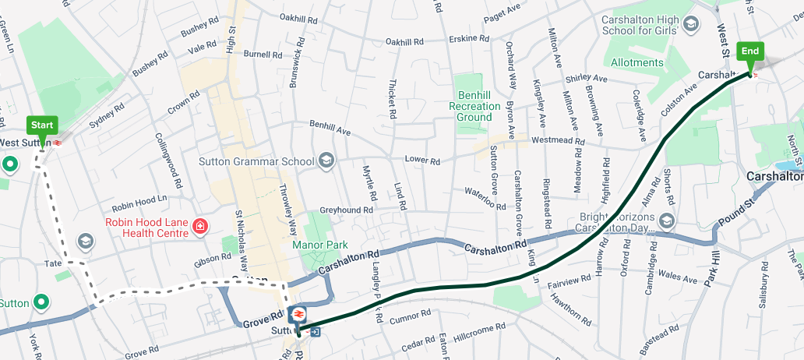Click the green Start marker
42,125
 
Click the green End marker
750,52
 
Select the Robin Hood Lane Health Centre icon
200,226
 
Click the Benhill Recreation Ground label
474,106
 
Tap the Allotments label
637,62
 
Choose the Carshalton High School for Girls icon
690,24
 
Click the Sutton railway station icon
297,314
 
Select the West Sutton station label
25,143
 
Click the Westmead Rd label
557,141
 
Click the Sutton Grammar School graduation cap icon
326,161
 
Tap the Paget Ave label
502,9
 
